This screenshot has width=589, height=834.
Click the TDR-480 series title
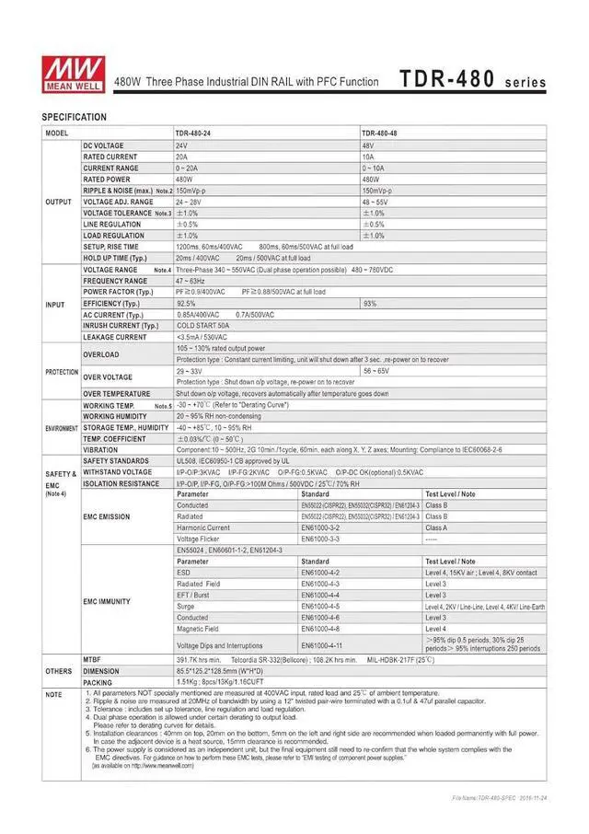472,80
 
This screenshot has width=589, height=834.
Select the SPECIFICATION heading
75,117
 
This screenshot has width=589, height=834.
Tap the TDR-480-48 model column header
380,133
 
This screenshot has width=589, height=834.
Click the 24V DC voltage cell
182,146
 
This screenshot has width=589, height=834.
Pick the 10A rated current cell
368,157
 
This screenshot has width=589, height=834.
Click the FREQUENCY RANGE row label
115,281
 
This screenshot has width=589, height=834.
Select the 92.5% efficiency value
186,303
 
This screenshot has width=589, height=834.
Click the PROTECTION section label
62,371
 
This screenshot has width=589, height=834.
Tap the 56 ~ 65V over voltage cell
376,370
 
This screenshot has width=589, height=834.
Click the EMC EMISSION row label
107,516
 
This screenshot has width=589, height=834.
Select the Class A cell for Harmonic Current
436,527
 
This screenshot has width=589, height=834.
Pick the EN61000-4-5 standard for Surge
321,607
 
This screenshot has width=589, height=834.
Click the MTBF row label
92,660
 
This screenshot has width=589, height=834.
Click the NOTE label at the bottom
54,694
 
